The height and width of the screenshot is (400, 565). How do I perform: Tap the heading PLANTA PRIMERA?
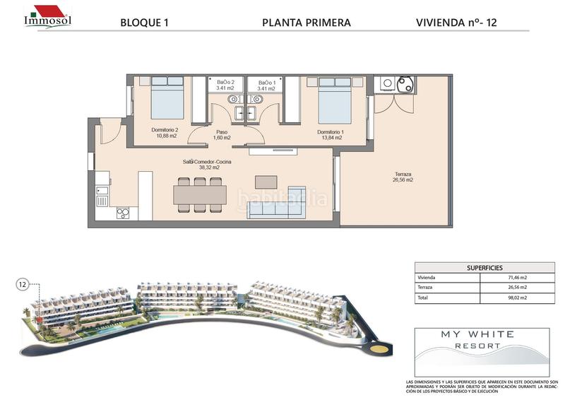[x=306, y=23]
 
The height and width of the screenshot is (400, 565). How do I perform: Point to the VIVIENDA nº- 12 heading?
[x=456, y=23]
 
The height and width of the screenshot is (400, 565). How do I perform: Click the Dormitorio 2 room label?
[x=165, y=133]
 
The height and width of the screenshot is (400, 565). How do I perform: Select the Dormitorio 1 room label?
[x=330, y=135]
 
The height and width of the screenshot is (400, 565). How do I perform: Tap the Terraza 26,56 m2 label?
[x=403, y=177]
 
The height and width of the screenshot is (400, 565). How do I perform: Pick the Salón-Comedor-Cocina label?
[x=207, y=165]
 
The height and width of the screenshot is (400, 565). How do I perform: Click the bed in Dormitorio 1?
[x=334, y=99]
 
